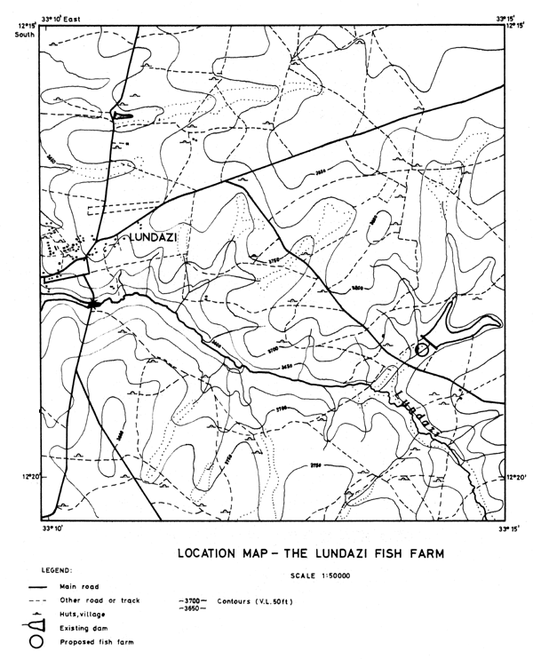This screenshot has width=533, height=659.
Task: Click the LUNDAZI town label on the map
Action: point(157,237)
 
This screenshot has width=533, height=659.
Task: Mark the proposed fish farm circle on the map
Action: point(423,350)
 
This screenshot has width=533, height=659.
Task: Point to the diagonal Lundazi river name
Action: point(419,412)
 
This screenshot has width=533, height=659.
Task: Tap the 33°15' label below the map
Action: point(507,529)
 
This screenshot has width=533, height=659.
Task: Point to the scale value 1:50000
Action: point(345,576)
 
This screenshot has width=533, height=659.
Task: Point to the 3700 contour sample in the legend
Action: point(194,600)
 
